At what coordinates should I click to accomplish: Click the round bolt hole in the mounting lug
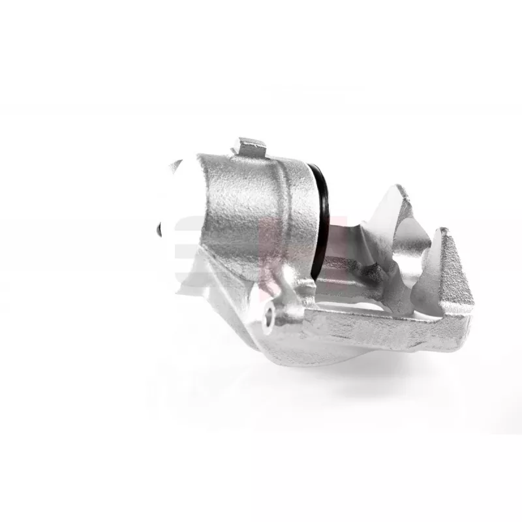(x=268, y=317)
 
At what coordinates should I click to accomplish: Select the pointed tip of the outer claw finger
(x=444, y=232)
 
